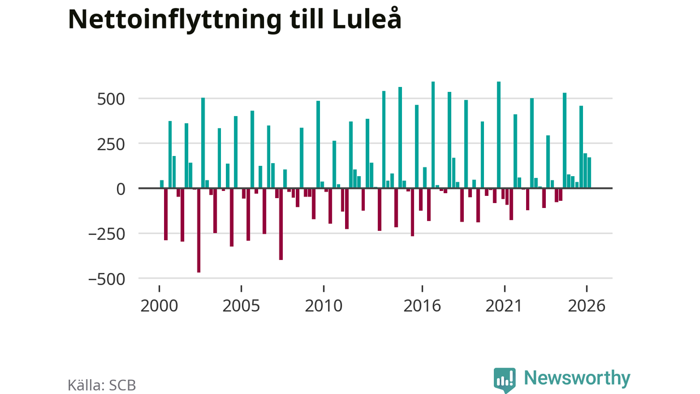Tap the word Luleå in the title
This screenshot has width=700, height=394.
tap(366, 18)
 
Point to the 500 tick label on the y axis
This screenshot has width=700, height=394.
tap(111, 100)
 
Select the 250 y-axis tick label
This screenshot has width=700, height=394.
tap(111, 145)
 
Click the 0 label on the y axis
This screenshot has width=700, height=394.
tap(121, 189)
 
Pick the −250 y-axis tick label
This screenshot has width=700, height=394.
tap(107, 235)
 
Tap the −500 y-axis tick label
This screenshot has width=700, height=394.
tap(107, 280)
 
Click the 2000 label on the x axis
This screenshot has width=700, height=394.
tap(159, 306)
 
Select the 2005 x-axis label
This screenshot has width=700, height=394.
tap(241, 306)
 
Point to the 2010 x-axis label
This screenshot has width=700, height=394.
tap(324, 306)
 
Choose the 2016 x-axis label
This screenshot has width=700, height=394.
tap(422, 306)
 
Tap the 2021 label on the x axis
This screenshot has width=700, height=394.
tap(504, 306)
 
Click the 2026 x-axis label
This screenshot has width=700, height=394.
tap(587, 306)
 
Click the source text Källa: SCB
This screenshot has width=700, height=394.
tap(102, 385)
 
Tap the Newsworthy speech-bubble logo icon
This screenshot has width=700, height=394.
tap(505, 380)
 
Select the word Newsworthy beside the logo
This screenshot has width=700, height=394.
tap(577, 378)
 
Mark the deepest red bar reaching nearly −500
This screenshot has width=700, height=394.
tap(199, 230)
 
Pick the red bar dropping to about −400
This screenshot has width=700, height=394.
tap(281, 224)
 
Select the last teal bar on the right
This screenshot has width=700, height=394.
tap(589, 172)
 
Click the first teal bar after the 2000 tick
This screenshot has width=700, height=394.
tap(162, 184)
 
